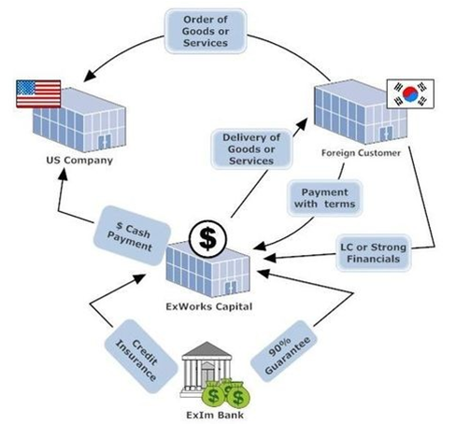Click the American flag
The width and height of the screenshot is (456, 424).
click(38, 93)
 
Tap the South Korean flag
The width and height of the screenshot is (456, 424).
click(410, 93)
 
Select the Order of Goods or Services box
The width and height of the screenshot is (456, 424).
click(206, 31)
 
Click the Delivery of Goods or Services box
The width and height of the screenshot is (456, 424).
click(251, 149)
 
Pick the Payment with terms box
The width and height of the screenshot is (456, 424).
click(325, 198)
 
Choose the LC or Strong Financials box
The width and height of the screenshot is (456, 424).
click(374, 253)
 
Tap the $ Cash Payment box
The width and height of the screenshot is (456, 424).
click(132, 235)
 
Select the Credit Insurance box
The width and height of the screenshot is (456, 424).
click(140, 356)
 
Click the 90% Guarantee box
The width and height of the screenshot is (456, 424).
click(285, 351)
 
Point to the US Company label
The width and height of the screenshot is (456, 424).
click(79, 161)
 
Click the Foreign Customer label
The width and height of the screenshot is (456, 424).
click(361, 153)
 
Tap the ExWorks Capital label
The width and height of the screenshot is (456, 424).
click(209, 306)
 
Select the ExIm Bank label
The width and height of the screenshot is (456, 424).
click(215, 415)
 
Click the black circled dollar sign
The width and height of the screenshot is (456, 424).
click(207, 239)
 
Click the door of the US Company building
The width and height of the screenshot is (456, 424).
click(105, 143)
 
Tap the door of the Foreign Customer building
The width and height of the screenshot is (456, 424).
click(386, 134)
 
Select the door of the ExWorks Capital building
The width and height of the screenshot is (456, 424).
click(231, 288)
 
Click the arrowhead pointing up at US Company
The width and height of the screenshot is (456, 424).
click(63, 175)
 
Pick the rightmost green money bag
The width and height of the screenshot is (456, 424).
click(238, 397)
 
